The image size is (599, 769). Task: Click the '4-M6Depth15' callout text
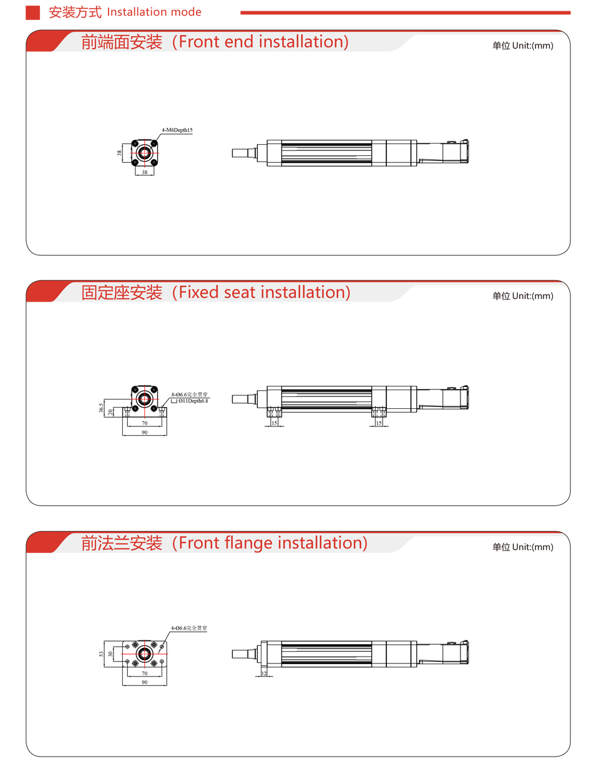[177, 130]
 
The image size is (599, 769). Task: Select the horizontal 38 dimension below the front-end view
[145, 172]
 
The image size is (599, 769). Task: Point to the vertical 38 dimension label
[119, 153]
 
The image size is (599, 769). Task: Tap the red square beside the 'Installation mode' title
[32, 12]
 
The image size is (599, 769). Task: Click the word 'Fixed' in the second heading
[198, 292]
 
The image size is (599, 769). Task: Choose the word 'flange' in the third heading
[249, 543]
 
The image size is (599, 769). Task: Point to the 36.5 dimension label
[101, 408]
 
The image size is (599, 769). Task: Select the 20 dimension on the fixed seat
[110, 411]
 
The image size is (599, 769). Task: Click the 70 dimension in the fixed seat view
[145, 423]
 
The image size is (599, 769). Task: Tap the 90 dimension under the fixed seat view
[145, 432]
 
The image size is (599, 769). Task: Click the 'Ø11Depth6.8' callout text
[193, 401]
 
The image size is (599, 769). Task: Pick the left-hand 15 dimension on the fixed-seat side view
[274, 423]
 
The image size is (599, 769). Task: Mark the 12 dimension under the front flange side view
[264, 673]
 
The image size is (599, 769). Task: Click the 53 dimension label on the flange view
[101, 654]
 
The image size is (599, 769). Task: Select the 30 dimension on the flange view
[110, 654]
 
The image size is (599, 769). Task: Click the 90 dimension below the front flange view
[145, 682]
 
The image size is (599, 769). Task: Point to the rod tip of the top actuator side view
[233, 153]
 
